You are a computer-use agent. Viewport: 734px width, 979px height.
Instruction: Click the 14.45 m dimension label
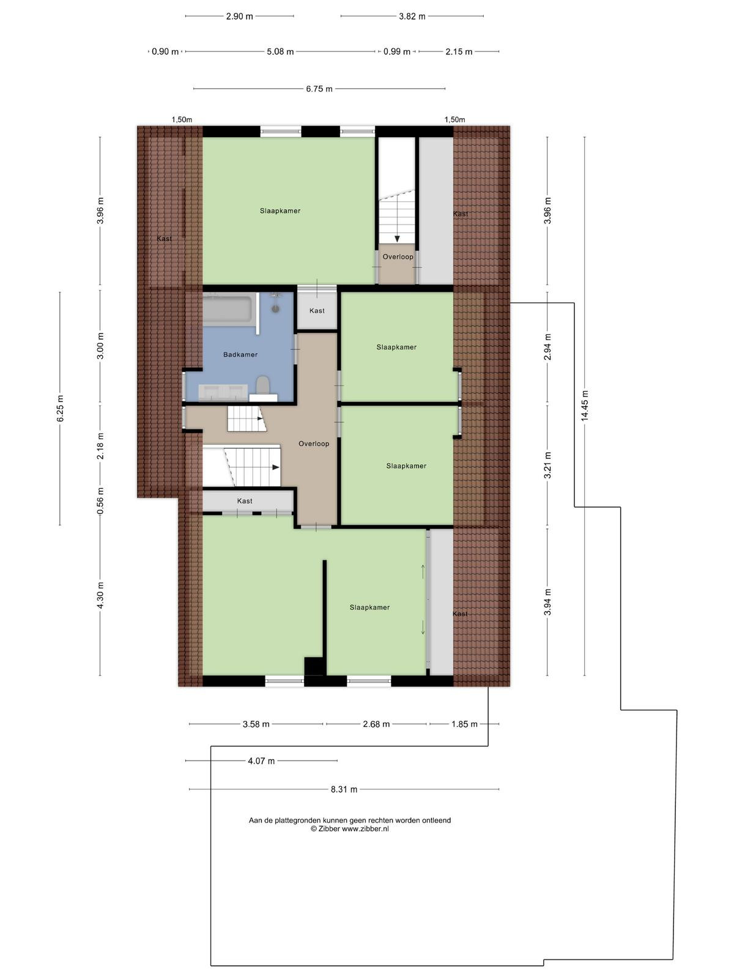(585, 406)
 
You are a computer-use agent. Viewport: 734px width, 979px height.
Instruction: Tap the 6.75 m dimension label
(319, 89)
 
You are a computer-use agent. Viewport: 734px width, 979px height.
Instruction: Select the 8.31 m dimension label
(344, 789)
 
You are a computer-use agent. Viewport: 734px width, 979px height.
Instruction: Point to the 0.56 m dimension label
(100, 501)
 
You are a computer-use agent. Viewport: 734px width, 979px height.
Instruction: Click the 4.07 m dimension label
(261, 761)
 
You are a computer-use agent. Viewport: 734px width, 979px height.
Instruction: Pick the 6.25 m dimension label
(60, 408)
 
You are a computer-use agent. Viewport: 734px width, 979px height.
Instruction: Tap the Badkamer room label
(240, 354)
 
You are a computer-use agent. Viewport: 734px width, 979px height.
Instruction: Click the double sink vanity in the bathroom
(223, 392)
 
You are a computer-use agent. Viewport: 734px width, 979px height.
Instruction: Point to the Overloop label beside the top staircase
(398, 256)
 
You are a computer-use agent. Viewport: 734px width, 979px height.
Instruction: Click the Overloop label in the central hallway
(314, 444)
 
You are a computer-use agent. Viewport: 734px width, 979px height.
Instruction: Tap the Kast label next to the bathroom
(317, 310)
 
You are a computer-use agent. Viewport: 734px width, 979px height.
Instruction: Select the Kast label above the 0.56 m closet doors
(245, 501)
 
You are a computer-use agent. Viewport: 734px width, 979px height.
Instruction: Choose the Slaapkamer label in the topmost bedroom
(280, 210)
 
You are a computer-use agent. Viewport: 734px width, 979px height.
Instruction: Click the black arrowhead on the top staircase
(397, 239)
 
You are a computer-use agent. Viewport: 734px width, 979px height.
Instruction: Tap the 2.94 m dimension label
(547, 346)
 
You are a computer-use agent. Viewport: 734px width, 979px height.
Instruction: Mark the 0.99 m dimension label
(396, 52)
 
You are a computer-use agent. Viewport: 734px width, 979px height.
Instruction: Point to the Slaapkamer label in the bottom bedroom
(369, 607)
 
